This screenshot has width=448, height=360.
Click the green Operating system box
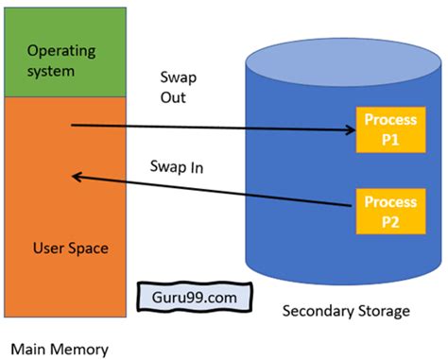[x=65, y=51]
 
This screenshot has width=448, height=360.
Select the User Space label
[x=69, y=249]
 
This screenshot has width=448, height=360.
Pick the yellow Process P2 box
[x=386, y=210]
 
